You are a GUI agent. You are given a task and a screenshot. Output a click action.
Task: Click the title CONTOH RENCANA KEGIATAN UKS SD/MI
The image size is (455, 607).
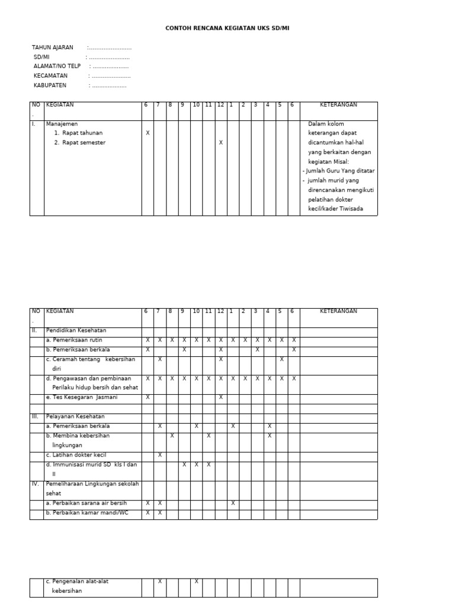tap(227, 28)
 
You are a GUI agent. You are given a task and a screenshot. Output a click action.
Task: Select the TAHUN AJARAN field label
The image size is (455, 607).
tap(53, 47)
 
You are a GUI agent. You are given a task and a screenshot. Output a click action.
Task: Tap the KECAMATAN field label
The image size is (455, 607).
tap(51, 76)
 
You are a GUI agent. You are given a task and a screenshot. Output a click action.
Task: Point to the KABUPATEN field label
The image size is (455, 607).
tap(50, 85)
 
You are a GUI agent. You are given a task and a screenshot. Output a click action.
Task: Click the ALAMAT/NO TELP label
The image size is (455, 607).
tap(57, 66)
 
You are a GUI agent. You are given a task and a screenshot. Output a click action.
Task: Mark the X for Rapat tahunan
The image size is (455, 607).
tap(148, 133)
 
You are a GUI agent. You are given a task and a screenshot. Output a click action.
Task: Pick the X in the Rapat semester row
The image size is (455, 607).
tap(220, 143)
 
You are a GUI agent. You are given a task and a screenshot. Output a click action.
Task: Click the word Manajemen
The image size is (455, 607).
tap(62, 124)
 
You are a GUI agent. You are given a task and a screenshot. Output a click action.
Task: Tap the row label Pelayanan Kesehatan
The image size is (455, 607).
tap(75, 417)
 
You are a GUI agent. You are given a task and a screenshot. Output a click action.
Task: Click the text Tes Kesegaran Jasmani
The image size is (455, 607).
tap(82, 397)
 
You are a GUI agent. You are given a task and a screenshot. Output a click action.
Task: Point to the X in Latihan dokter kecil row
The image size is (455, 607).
tap(159, 455)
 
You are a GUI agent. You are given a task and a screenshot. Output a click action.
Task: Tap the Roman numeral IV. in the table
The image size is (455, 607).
tap(35, 484)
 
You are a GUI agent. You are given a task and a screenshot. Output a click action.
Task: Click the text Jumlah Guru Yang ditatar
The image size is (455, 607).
tap(340, 171)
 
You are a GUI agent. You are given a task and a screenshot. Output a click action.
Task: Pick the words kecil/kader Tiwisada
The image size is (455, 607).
tap(336, 209)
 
